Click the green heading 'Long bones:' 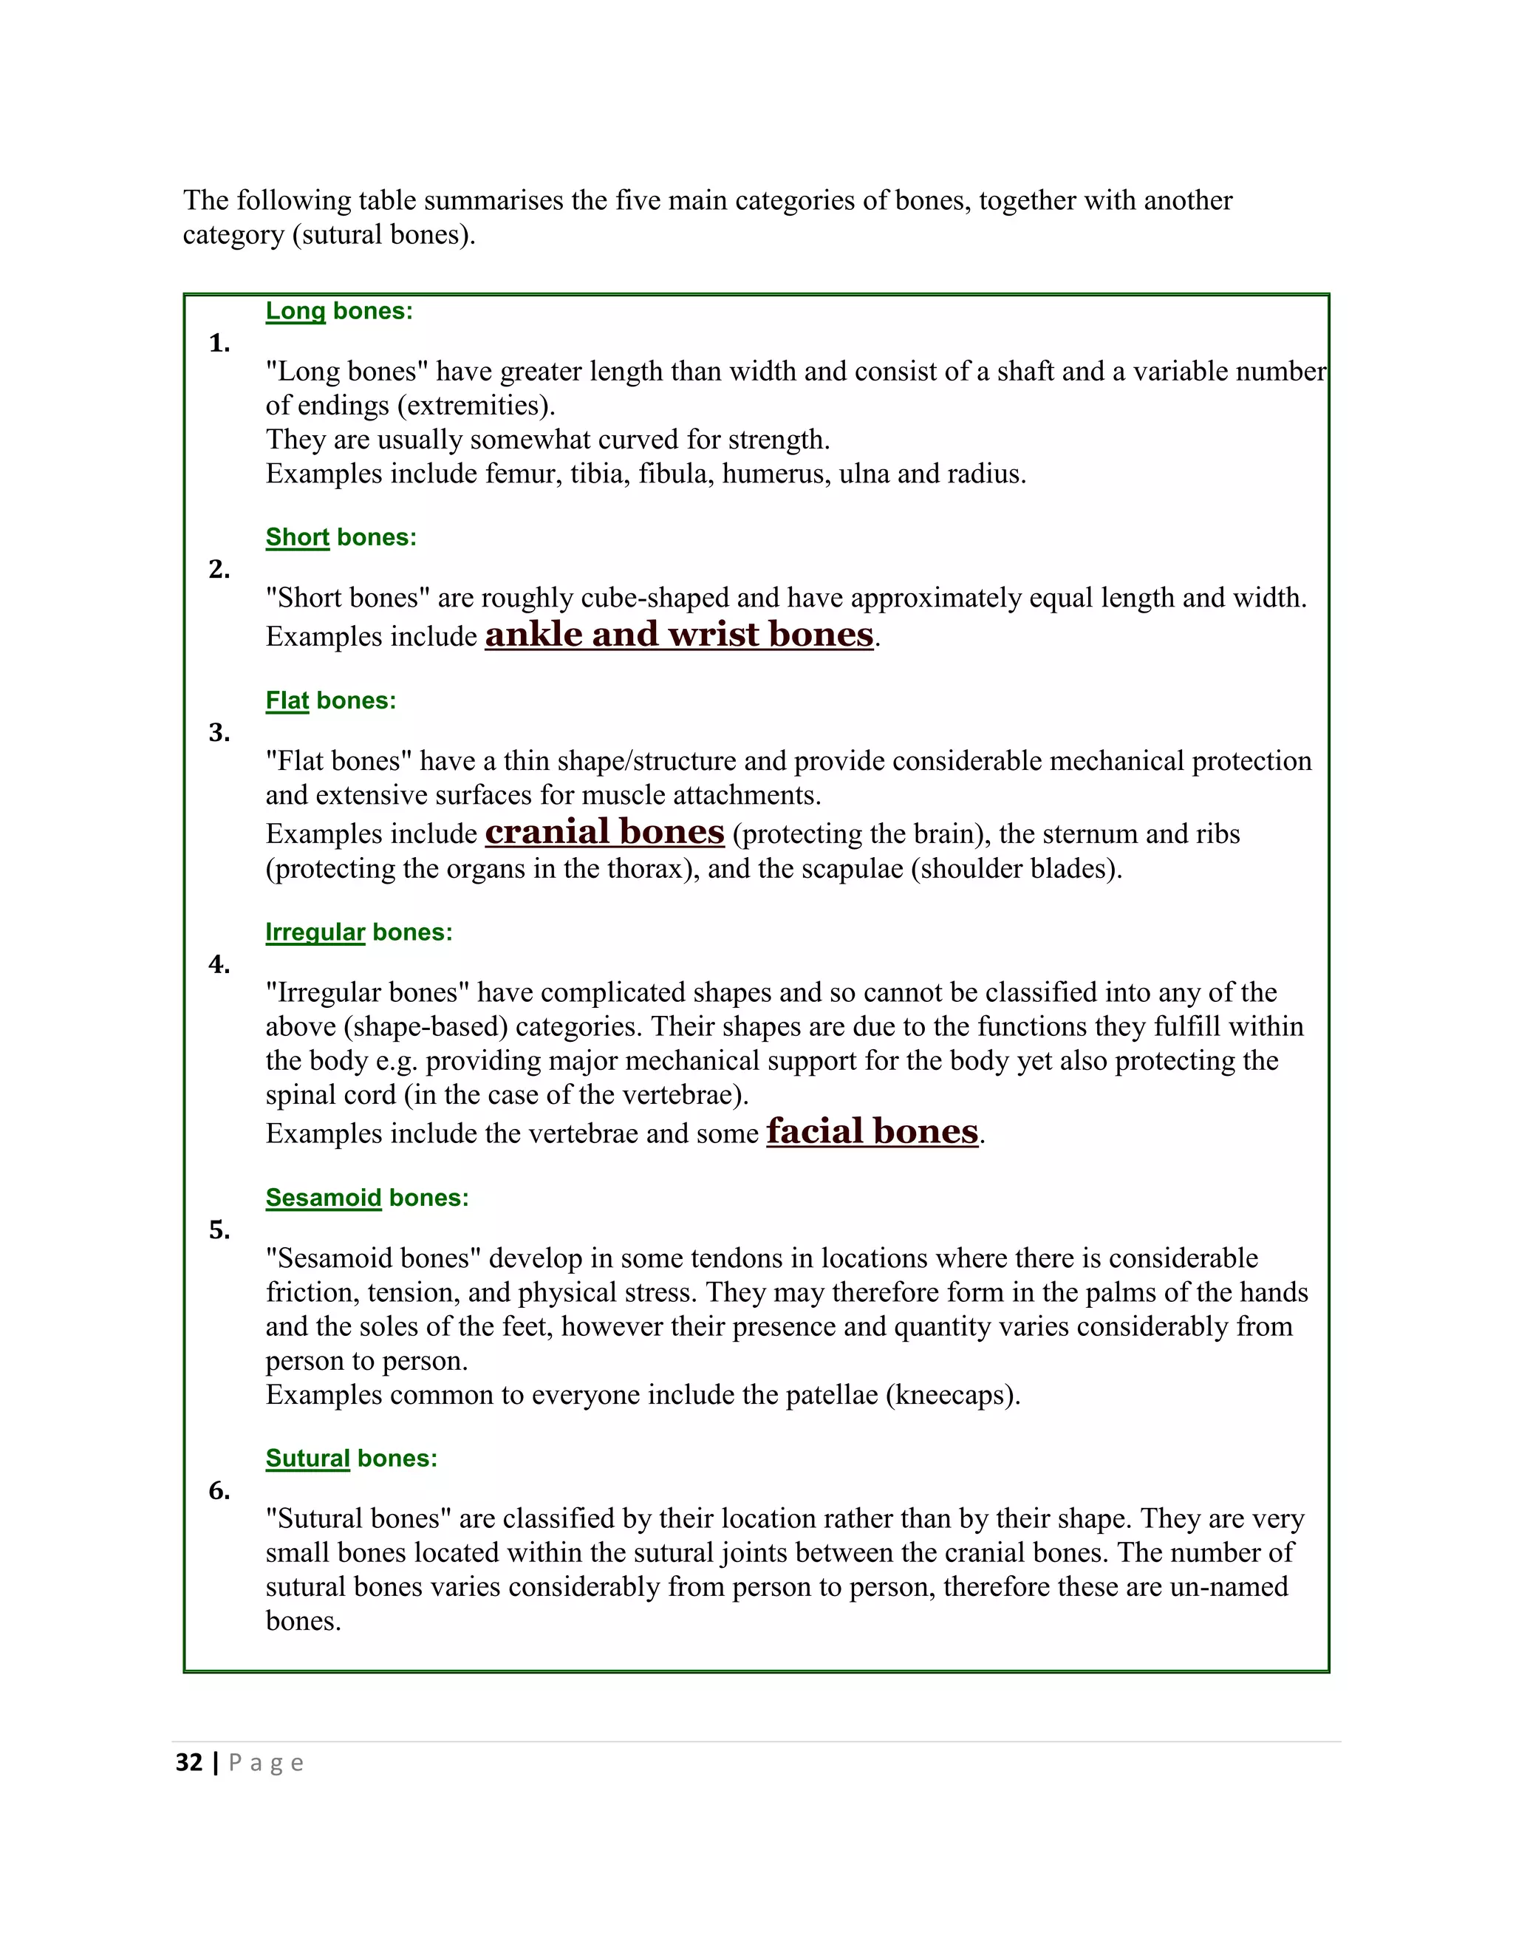[x=339, y=311]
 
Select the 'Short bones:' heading [x=341, y=537]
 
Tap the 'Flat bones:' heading [x=329, y=700]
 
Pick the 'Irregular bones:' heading [x=358, y=932]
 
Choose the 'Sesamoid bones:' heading [x=366, y=1198]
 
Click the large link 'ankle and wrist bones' [x=678, y=634]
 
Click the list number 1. [x=219, y=344]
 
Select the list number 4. [x=219, y=965]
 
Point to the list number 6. [x=219, y=1491]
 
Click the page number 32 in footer [x=189, y=1762]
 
